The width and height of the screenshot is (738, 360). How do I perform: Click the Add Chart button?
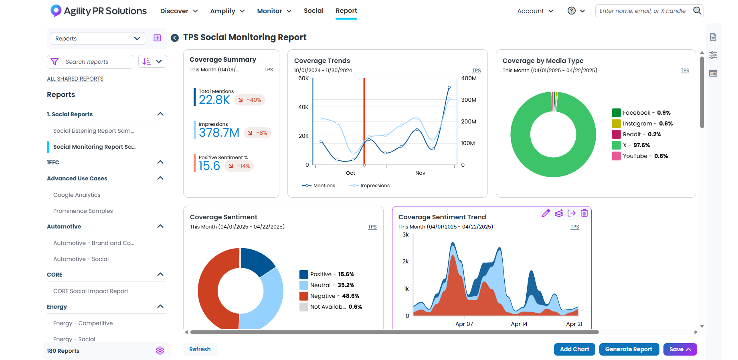pos(574,349)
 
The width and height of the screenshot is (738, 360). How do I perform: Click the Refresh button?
pos(200,349)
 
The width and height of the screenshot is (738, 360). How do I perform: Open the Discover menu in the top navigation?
pos(179,11)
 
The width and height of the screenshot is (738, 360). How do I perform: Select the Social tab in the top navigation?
pos(313,11)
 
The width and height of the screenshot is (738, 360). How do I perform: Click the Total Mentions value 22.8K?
pos(214,100)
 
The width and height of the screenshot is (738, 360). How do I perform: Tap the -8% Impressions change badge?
pos(257,133)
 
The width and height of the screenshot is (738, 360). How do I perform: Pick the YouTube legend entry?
pos(640,156)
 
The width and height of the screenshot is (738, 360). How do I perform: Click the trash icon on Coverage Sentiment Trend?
pos(584,213)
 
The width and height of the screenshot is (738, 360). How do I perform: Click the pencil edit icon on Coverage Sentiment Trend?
pos(546,213)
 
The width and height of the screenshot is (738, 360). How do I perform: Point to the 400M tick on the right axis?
pos(469,78)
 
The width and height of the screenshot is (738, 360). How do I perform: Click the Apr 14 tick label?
pos(519,324)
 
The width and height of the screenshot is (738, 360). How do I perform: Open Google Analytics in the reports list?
pos(77,195)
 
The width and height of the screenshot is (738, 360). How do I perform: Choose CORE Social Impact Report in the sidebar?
pos(91,291)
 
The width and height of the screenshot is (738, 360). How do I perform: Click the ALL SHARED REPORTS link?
pos(75,79)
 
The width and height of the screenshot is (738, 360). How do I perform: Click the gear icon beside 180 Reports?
pos(160,351)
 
